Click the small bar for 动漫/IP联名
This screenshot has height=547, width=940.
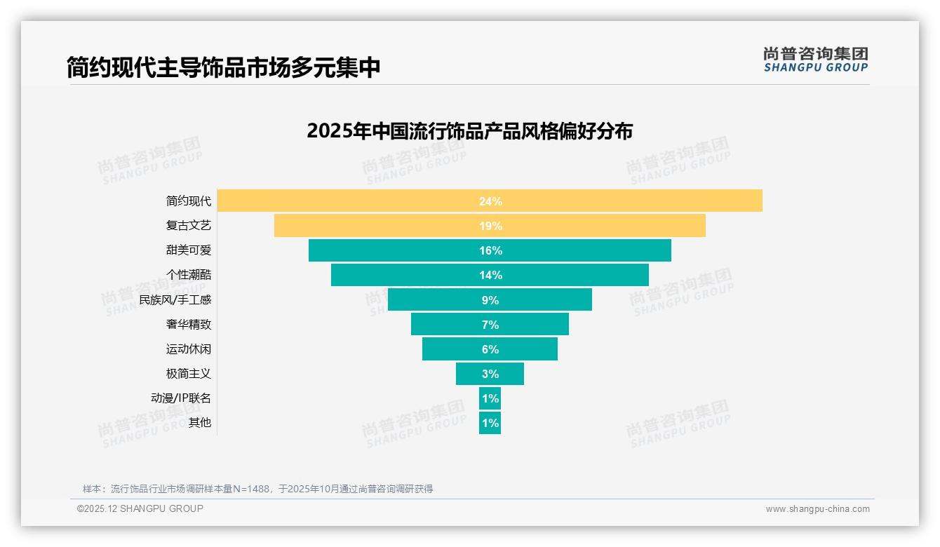(490, 398)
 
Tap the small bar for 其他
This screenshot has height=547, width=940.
(490, 423)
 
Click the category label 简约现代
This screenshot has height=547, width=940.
(188, 201)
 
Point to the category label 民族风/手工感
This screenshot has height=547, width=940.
(175, 300)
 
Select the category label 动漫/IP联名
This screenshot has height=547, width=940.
(180, 398)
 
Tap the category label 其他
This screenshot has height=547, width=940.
(199, 423)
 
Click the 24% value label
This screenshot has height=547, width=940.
(490, 201)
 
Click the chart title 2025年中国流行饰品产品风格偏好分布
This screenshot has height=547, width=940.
(469, 131)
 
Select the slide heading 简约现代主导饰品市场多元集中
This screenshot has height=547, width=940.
(223, 67)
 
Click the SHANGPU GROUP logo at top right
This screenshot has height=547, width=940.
(815, 60)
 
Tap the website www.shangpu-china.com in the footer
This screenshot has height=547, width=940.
(817, 509)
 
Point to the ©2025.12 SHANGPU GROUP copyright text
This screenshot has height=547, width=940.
(140, 508)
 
